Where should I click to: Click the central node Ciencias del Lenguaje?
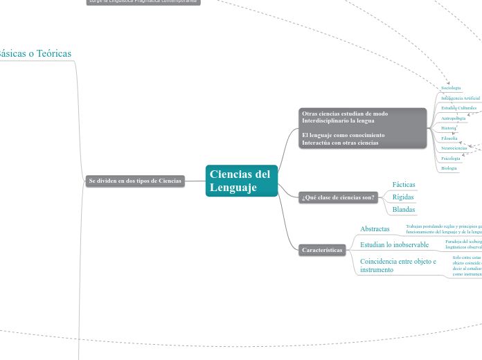coord(241,181)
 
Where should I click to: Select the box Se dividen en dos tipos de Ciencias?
coord(135,181)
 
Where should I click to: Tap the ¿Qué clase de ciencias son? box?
coord(338,197)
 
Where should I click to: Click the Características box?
coord(322,250)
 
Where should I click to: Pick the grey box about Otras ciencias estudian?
coord(363,128)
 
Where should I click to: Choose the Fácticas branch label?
coord(404,185)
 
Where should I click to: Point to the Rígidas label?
coord(403,197)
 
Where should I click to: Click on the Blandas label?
coord(404,210)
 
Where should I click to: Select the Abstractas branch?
coord(375,228)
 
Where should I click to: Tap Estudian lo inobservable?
coord(394,244)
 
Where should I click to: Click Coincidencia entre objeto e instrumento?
coord(398,265)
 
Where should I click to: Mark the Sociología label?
coord(451,88)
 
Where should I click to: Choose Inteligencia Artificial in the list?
coord(460,98)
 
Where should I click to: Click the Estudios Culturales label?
coord(458,108)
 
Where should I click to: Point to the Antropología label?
coord(454,118)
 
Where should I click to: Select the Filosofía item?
coord(449,138)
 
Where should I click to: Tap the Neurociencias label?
coord(454,148)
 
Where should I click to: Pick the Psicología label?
coord(451,159)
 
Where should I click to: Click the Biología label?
coord(449,168)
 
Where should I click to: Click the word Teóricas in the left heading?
coord(54,53)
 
